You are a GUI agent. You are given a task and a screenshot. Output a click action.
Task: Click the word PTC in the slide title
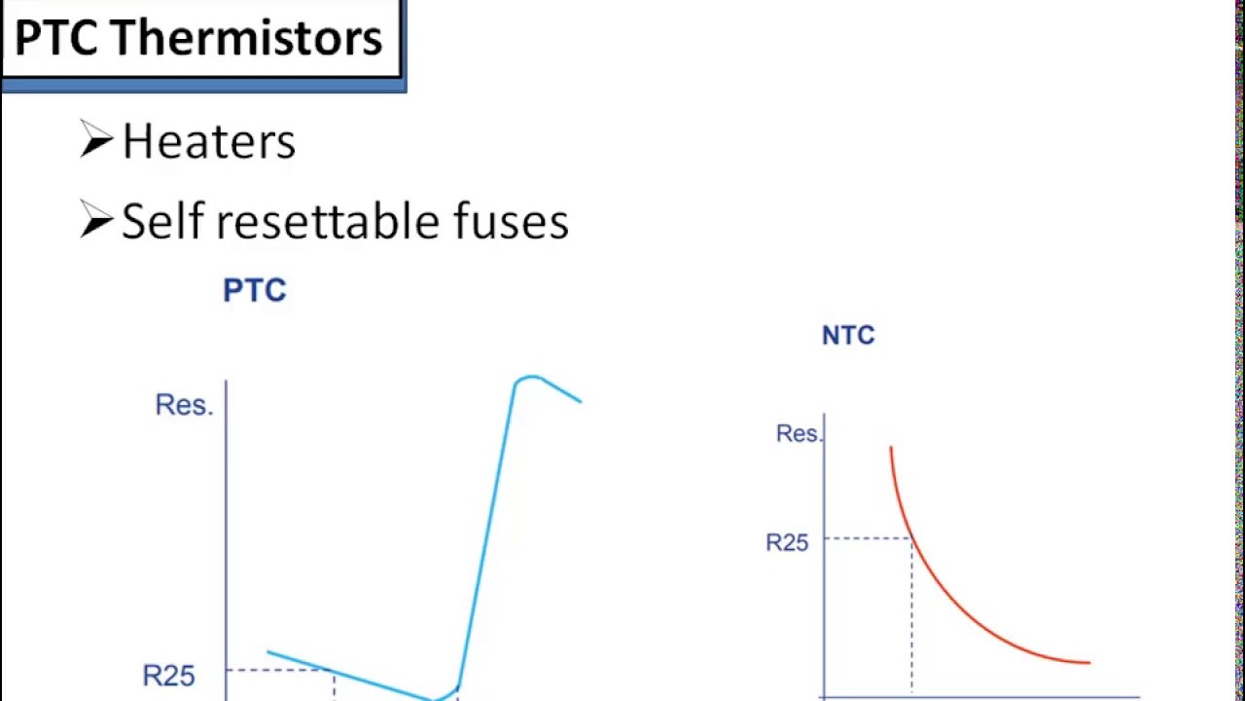(56, 39)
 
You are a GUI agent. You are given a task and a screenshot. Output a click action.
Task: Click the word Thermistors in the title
(247, 39)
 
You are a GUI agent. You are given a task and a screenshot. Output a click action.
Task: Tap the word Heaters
(208, 142)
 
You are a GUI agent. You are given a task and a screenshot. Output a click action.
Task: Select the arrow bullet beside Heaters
(96, 140)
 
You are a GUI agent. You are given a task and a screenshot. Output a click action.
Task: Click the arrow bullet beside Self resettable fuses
(96, 221)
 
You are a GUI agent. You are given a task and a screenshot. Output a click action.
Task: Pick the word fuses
(511, 221)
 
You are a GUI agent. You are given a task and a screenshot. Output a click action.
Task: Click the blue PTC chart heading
(255, 290)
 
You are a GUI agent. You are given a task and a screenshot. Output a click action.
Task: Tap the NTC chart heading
(848, 336)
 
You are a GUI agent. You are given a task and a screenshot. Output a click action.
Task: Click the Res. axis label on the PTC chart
(184, 405)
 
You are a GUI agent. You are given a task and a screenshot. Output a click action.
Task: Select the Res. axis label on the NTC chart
(799, 434)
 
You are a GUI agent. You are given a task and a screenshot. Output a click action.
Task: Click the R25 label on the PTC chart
(169, 676)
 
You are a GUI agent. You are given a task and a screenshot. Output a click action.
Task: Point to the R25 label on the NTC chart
(787, 543)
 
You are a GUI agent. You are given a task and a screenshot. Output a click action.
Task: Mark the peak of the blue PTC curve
(528, 377)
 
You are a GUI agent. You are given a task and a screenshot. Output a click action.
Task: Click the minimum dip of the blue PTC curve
(435, 698)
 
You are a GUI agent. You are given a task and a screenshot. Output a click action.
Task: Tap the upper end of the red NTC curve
(891, 448)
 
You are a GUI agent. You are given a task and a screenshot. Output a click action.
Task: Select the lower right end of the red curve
(1088, 662)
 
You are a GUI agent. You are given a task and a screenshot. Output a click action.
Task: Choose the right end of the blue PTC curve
(581, 401)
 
